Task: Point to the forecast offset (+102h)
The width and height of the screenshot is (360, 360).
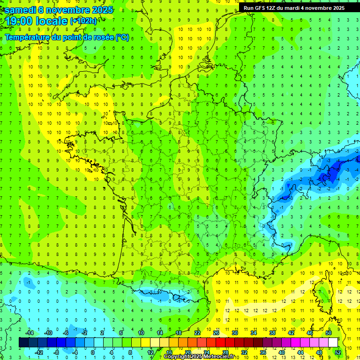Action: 83,21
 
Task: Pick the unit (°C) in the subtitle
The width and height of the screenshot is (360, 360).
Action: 123,37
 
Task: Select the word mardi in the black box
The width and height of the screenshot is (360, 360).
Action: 292,8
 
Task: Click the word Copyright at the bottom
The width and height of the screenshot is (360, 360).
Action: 178,357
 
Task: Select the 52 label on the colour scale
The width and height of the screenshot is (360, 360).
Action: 338,352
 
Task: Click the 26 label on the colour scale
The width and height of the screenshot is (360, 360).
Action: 216,333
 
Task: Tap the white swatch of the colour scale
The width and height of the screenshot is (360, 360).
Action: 333,343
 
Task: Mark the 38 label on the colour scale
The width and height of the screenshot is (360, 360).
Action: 272,333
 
